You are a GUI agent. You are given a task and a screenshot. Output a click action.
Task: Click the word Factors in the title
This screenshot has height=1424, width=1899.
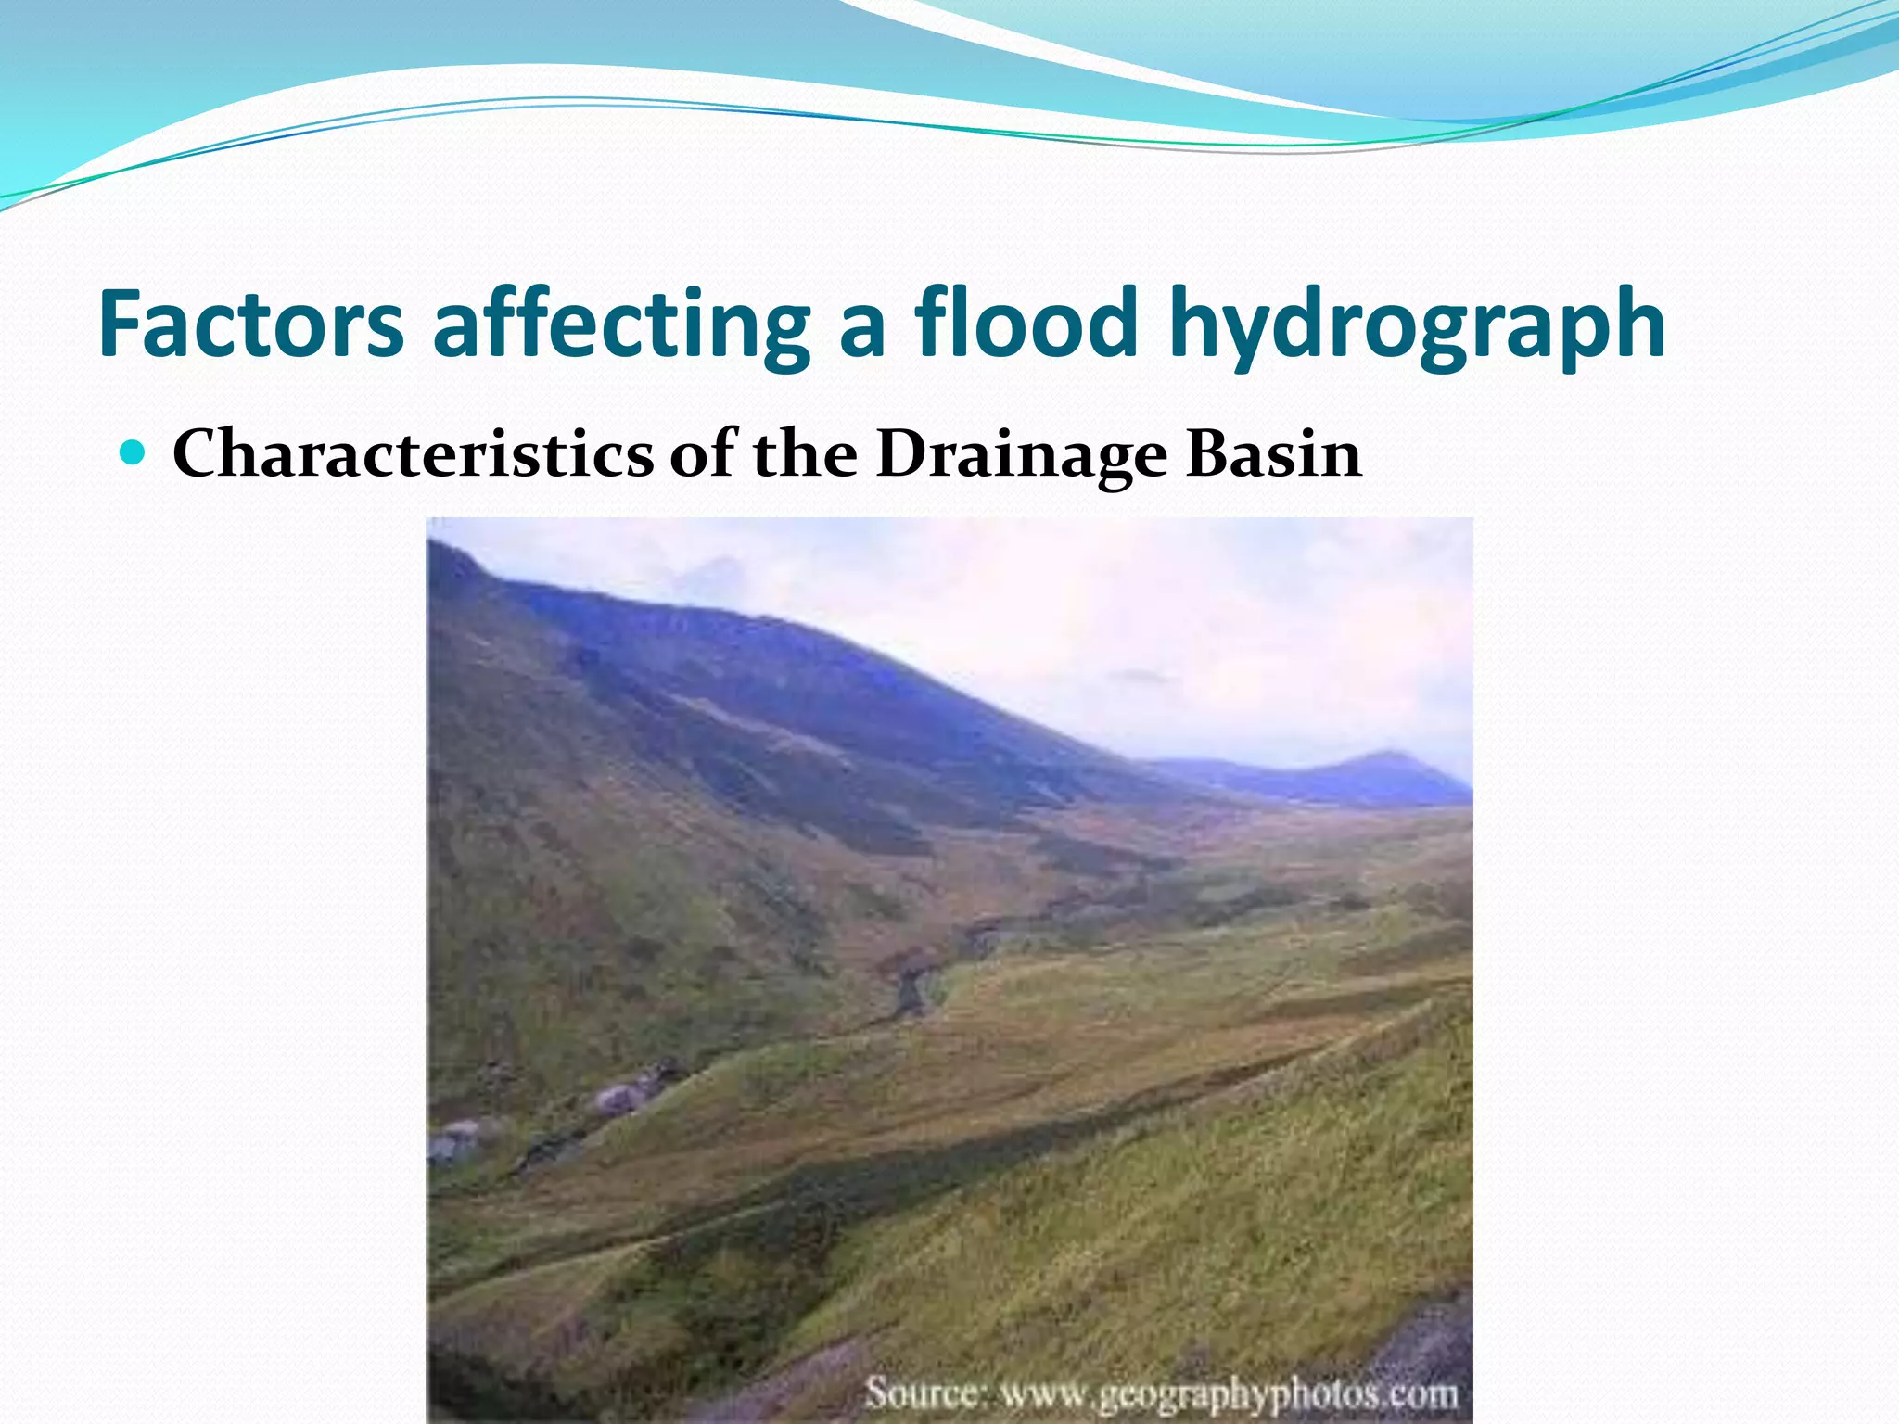(x=251, y=324)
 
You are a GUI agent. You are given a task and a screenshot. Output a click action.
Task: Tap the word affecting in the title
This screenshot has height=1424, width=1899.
(x=620, y=324)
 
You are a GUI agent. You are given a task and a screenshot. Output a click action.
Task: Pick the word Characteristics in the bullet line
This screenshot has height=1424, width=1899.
(x=413, y=453)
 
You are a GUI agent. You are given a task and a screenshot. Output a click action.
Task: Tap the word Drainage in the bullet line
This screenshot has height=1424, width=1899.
(x=1021, y=453)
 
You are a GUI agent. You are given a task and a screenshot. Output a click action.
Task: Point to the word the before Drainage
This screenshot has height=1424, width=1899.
(x=805, y=453)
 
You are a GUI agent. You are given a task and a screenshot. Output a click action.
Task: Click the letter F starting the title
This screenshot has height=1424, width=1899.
(x=119, y=324)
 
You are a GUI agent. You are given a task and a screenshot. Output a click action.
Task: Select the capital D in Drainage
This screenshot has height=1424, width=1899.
(x=904, y=453)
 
